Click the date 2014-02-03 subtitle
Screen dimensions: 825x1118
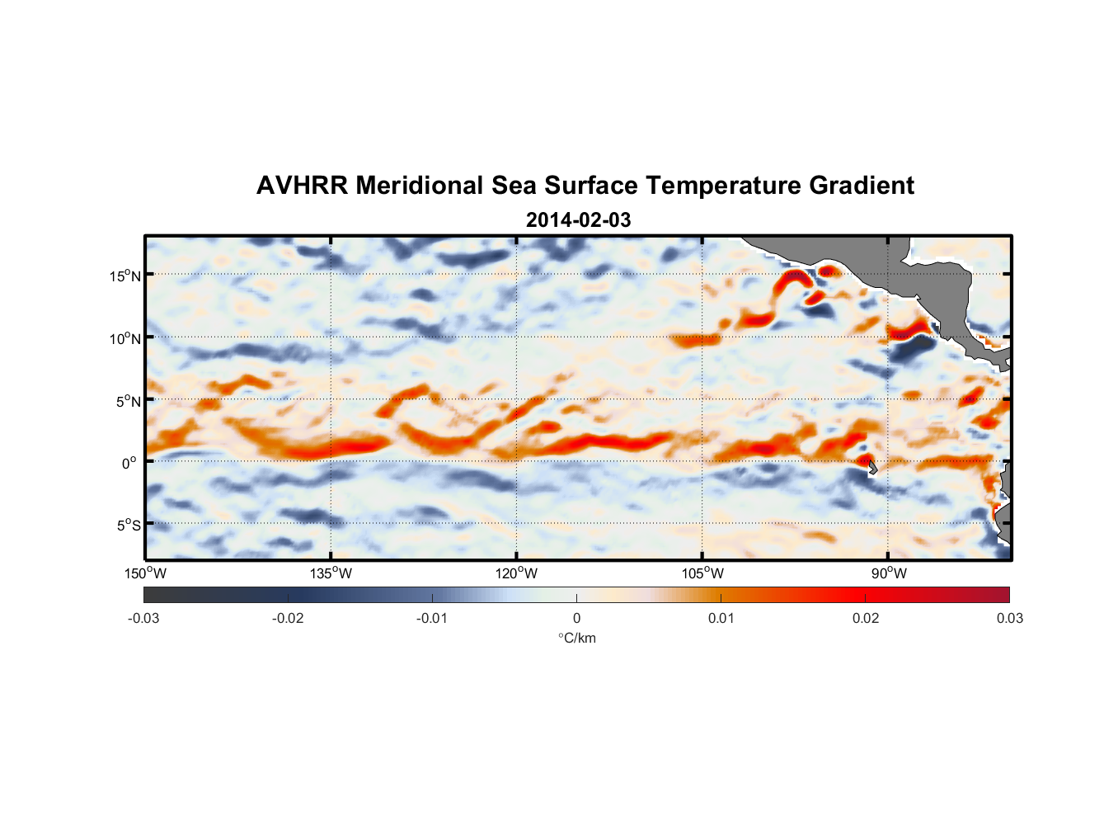pyautogui.click(x=578, y=220)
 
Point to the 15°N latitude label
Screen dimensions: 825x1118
pyautogui.click(x=125, y=276)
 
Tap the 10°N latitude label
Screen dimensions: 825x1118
pyautogui.click(x=125, y=338)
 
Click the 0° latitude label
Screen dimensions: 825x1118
pyautogui.click(x=129, y=464)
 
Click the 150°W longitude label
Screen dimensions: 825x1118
pyautogui.click(x=146, y=573)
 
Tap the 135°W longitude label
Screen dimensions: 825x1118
pyautogui.click(x=331, y=573)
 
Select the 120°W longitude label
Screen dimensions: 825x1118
pyautogui.click(x=517, y=573)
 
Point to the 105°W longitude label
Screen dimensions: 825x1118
pyautogui.click(x=702, y=573)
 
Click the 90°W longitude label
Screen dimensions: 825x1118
pyautogui.click(x=889, y=573)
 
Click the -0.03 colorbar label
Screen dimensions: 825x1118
pyautogui.click(x=143, y=618)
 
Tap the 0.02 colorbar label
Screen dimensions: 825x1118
pyautogui.click(x=866, y=618)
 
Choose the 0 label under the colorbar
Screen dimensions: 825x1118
pyautogui.click(x=576, y=618)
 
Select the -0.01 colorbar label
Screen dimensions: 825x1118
pyautogui.click(x=432, y=618)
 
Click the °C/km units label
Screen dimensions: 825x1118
pyautogui.click(x=576, y=638)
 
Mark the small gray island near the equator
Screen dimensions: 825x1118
pyautogui.click(x=872, y=468)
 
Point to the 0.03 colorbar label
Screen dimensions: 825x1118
pyautogui.click(x=1009, y=618)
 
